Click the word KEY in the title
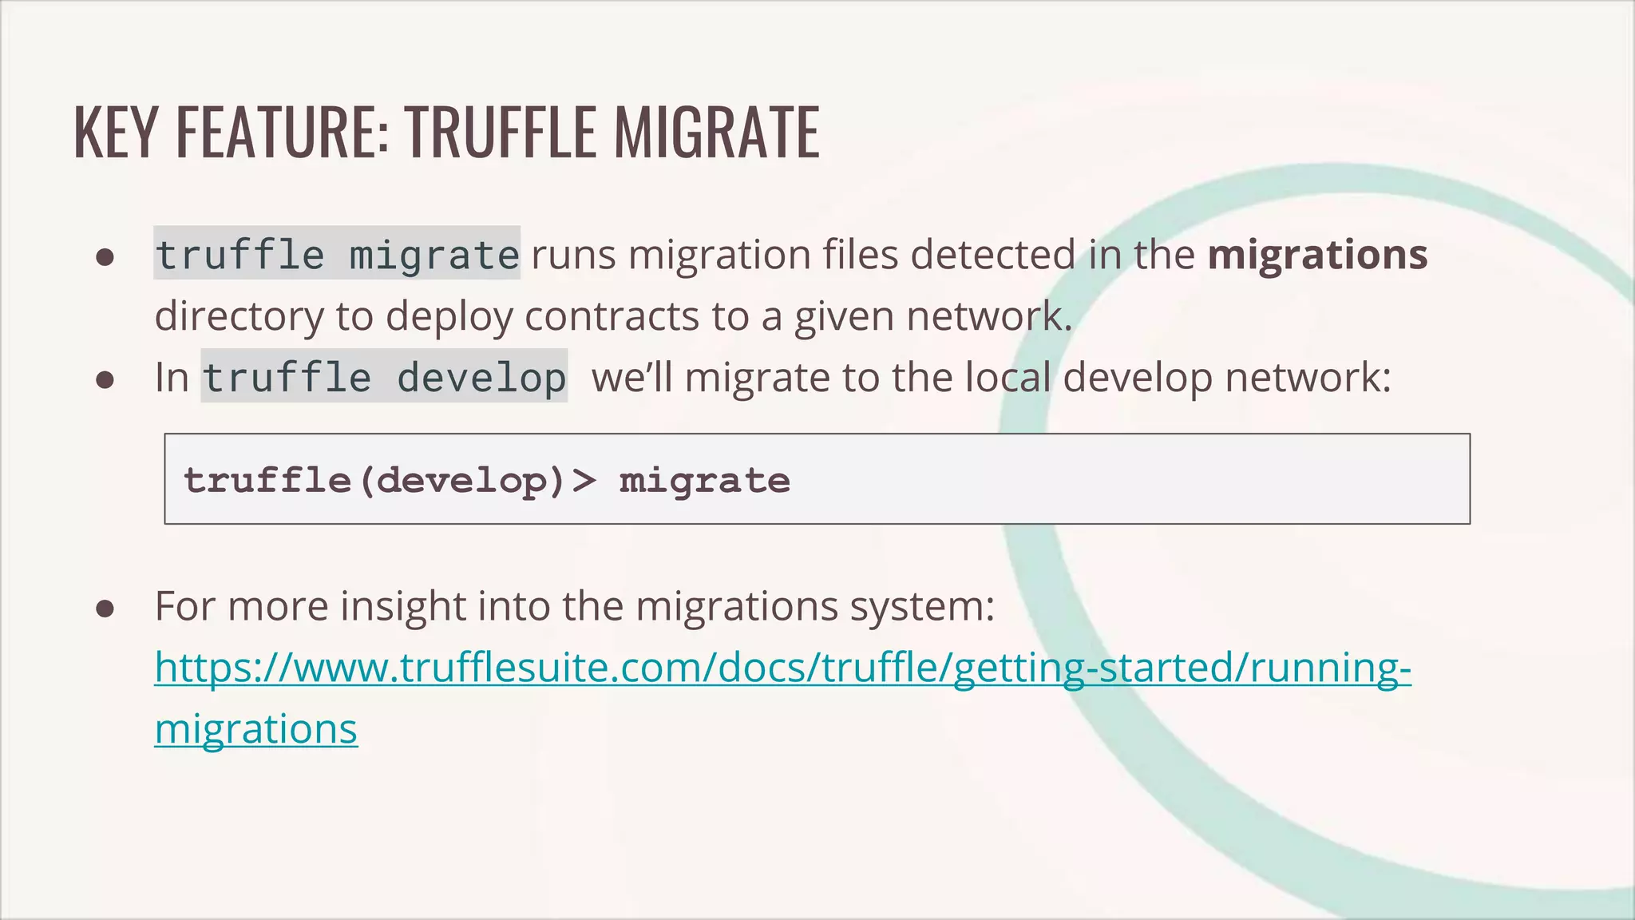[x=116, y=132]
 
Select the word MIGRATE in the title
[x=716, y=132]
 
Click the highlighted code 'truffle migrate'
[x=337, y=255]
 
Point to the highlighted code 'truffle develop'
[x=384, y=377]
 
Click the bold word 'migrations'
[x=1317, y=255]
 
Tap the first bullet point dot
[x=105, y=257]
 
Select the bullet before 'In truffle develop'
[x=105, y=379]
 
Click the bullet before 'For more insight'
[x=105, y=609]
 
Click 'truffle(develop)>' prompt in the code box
[x=390, y=480]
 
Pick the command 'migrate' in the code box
[x=704, y=480]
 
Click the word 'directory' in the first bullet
[x=239, y=316]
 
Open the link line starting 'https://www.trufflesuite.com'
[x=782, y=668]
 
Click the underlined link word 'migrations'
[x=256, y=729]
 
